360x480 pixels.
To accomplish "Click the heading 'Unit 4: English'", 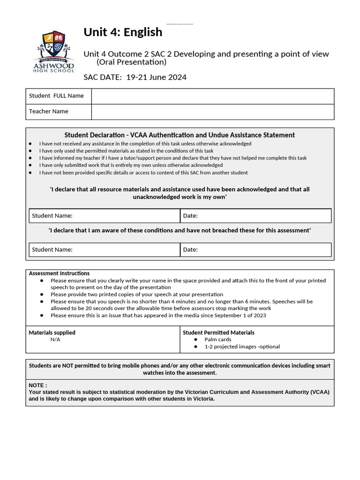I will [x=123, y=32].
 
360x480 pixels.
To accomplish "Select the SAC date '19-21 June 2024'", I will [x=156, y=77].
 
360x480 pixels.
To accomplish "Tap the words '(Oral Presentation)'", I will [x=131, y=62].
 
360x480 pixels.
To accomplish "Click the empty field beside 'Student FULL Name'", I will [x=212, y=96].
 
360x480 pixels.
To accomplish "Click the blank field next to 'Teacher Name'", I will [x=212, y=112].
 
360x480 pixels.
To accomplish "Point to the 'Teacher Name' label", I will [x=49, y=112].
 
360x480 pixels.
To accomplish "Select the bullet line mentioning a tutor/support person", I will [x=172, y=158].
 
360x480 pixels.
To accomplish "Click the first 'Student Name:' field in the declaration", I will [x=104, y=216].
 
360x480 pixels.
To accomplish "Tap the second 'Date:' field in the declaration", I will [x=255, y=249].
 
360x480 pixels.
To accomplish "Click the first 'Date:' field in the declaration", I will [x=255, y=216].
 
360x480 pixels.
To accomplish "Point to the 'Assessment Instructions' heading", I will [x=59, y=273].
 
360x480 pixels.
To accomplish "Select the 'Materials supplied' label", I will [x=52, y=332].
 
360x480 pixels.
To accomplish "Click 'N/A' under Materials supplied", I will [x=55, y=339].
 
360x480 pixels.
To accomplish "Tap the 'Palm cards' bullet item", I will [x=217, y=339].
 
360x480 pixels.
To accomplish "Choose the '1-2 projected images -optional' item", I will [x=242, y=347].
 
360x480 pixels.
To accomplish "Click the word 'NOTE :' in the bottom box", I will [x=38, y=385].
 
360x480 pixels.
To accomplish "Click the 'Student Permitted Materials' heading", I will [x=218, y=332].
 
